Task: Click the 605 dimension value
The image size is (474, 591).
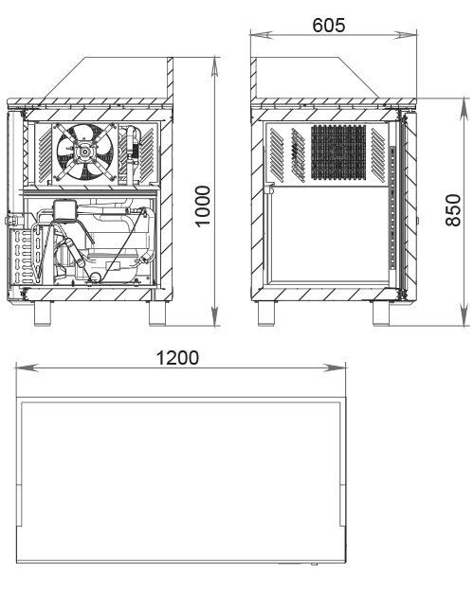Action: (x=329, y=26)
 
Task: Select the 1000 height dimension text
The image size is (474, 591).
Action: (x=203, y=206)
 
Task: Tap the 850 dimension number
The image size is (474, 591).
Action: (x=453, y=210)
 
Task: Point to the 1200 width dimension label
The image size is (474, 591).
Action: (x=177, y=358)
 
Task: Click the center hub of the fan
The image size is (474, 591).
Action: (x=85, y=152)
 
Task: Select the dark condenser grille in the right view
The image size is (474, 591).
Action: (x=338, y=152)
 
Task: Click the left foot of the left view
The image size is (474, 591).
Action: (x=43, y=313)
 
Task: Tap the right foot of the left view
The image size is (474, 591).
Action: (x=157, y=313)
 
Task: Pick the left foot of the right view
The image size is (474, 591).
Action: (x=266, y=313)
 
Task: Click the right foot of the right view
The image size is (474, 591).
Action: (x=381, y=313)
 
